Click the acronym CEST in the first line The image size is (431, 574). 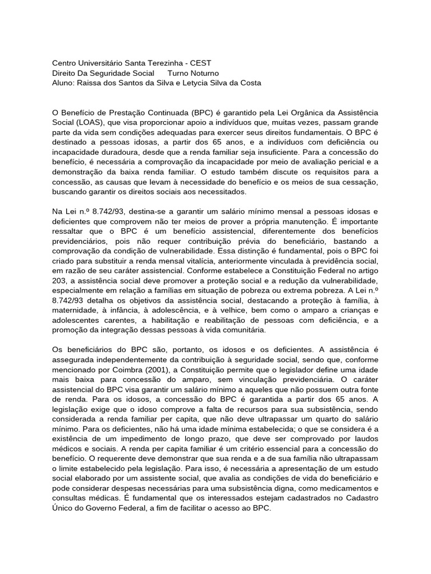pyautogui.click(x=201, y=63)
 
